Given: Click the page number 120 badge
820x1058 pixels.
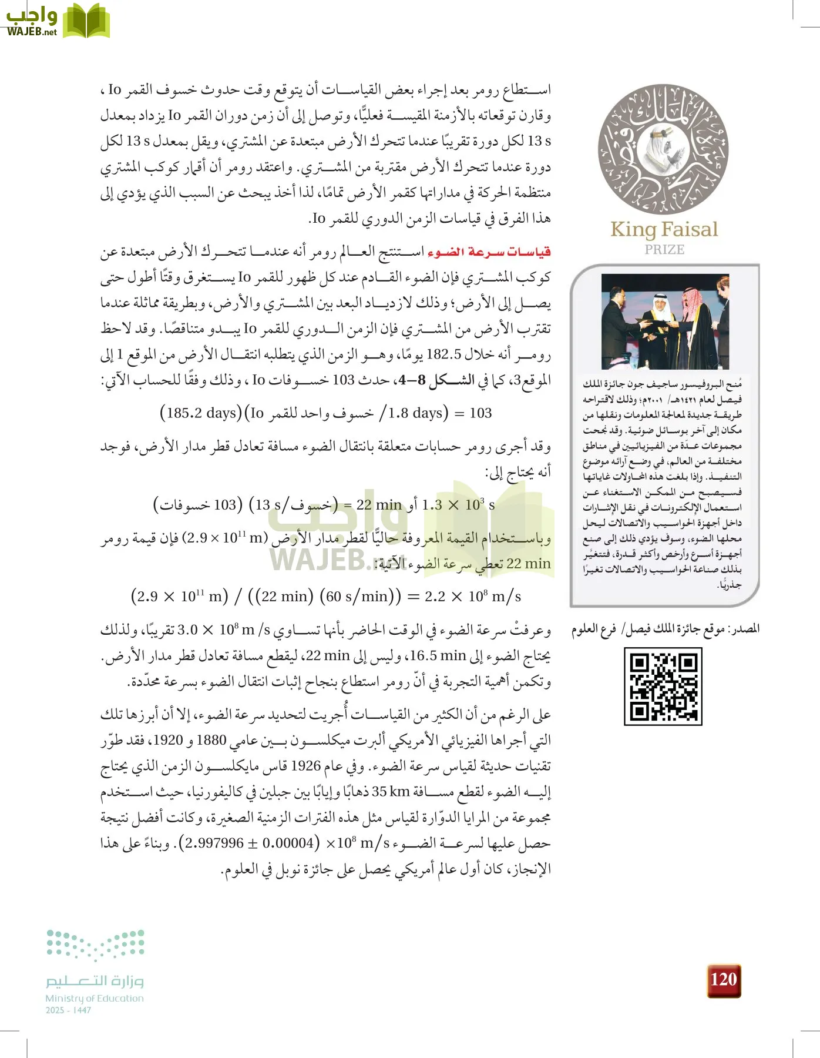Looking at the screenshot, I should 723,980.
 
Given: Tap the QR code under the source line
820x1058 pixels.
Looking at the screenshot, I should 663,687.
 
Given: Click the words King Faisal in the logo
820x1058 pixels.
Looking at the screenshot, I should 664,229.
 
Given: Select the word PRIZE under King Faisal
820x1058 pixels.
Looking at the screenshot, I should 664,250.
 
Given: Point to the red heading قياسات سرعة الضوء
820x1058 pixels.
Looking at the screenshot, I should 489,252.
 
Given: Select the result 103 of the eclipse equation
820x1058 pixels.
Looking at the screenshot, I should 480,413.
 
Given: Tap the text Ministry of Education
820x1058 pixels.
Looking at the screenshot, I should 95,998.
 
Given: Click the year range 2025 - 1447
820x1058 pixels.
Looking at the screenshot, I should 68,1010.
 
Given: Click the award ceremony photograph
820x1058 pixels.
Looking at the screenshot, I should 665,322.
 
